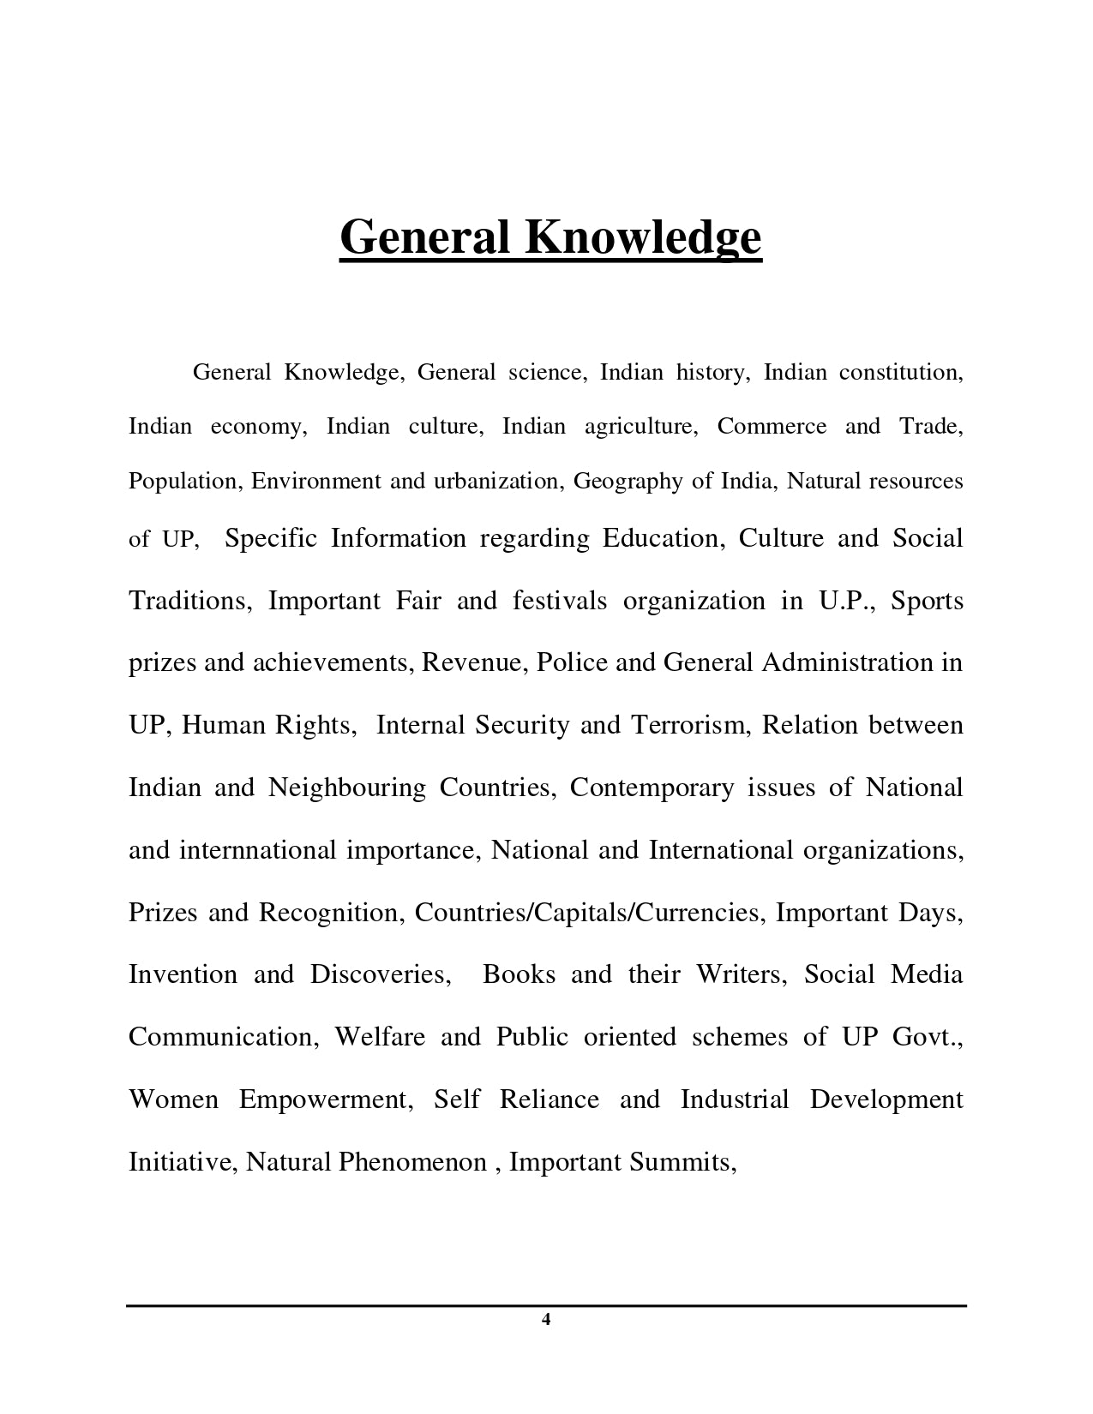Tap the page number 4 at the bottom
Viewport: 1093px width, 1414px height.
[x=546, y=1319]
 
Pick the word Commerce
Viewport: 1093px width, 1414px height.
[x=772, y=427]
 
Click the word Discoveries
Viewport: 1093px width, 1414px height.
[x=380, y=974]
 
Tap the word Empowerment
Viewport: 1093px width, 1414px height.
[x=326, y=1099]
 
